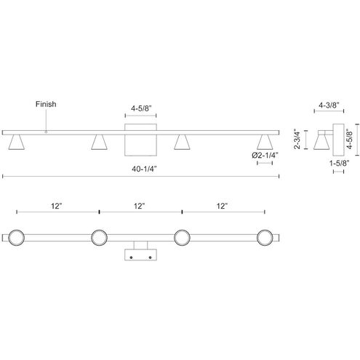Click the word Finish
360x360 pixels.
[46, 104]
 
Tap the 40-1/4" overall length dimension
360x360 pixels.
[144, 169]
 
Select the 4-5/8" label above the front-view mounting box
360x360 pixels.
[141, 108]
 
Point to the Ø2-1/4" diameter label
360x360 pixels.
[265, 156]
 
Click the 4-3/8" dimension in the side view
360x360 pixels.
[329, 105]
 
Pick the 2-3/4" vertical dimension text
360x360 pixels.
[297, 140]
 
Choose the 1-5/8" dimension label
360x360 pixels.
[339, 163]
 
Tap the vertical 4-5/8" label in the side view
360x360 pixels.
[349, 139]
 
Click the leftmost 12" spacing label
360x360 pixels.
[57, 206]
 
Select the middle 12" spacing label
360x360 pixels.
[140, 206]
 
